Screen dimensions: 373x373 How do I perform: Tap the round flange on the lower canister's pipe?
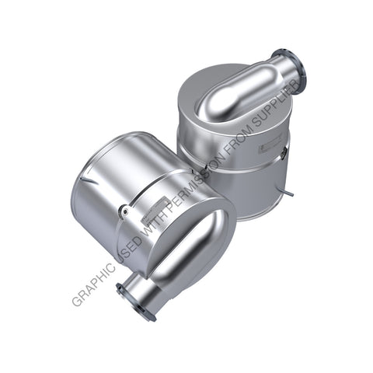133,300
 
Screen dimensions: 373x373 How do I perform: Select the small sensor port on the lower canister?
124,210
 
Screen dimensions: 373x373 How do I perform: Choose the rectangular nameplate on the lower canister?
155,203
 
